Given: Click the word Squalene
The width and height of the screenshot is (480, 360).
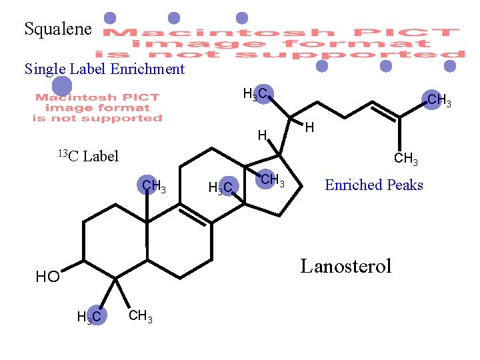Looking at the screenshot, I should (57, 29).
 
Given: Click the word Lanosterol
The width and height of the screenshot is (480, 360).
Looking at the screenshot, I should (345, 267).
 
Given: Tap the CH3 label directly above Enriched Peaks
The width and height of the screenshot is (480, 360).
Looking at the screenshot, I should (406, 159).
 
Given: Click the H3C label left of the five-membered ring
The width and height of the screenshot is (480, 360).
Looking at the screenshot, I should (221, 189).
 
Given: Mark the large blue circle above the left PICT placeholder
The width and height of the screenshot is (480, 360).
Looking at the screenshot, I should (62, 86).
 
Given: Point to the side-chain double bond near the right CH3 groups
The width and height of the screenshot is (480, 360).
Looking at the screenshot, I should (385, 110).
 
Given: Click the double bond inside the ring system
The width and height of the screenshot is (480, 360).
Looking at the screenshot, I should (195, 213).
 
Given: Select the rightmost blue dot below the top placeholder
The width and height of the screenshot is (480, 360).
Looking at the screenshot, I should (450, 66).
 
